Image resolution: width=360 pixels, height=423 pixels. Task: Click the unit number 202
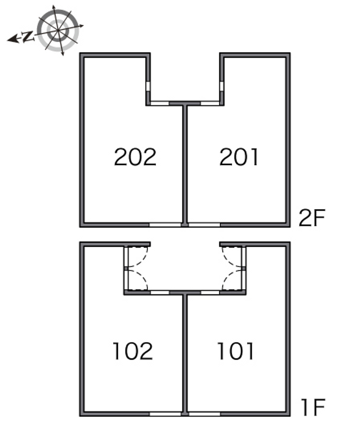point(135,157)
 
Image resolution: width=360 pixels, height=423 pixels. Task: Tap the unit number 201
point(239,157)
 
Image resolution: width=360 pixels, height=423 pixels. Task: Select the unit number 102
point(133,351)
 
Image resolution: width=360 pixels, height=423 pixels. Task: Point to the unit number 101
point(235,351)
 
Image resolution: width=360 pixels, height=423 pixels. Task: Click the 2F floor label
point(312,218)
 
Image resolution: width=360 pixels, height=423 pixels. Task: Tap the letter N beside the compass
point(28,37)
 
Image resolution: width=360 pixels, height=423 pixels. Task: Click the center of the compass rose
point(58,30)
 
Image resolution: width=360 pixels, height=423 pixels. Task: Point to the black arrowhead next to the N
point(13,40)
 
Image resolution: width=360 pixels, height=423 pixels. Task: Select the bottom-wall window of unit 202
point(165,225)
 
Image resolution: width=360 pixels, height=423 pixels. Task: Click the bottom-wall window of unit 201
point(204,225)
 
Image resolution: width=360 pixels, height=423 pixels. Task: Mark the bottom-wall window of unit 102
point(165,414)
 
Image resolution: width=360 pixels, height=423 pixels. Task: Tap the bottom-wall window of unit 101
point(204,414)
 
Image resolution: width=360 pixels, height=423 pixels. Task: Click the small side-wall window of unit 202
point(148,86)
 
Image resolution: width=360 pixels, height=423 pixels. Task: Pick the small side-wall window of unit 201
point(222,86)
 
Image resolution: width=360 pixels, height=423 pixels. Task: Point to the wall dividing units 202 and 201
point(185,164)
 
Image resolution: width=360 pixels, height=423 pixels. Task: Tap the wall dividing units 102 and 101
point(185,353)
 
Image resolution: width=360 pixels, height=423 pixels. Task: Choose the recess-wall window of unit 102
point(160,293)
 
